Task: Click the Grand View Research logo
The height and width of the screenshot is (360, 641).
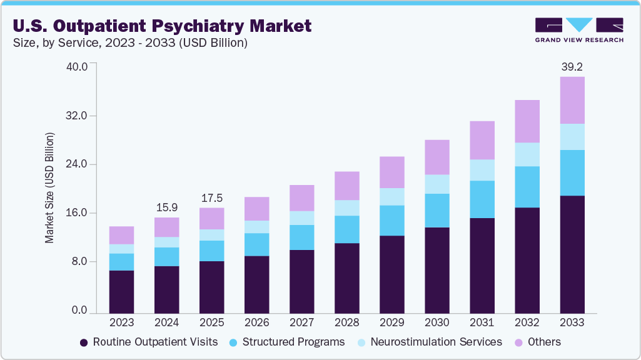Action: coord(578,29)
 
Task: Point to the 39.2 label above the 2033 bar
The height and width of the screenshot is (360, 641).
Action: coord(572,66)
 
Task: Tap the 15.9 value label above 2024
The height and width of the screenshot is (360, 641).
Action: coord(166,206)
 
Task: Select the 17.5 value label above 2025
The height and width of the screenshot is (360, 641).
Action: coord(211,197)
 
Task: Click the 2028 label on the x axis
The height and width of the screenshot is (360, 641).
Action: coord(346,323)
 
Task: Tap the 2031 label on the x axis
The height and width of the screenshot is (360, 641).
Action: coord(482,323)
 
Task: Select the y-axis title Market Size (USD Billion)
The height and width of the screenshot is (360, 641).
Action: coord(49,188)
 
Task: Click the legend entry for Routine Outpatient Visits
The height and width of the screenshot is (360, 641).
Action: coord(149,342)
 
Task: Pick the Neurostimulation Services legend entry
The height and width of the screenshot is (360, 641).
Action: coord(429,342)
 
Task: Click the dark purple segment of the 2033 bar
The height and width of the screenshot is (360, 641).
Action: coord(572,254)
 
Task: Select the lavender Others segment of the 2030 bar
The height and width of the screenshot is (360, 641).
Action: coord(437,157)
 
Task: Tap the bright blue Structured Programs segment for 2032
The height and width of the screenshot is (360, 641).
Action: coord(527,187)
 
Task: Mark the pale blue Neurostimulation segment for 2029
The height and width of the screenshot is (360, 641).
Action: coord(391,196)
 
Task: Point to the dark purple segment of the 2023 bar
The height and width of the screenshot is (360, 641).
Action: coord(121,291)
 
